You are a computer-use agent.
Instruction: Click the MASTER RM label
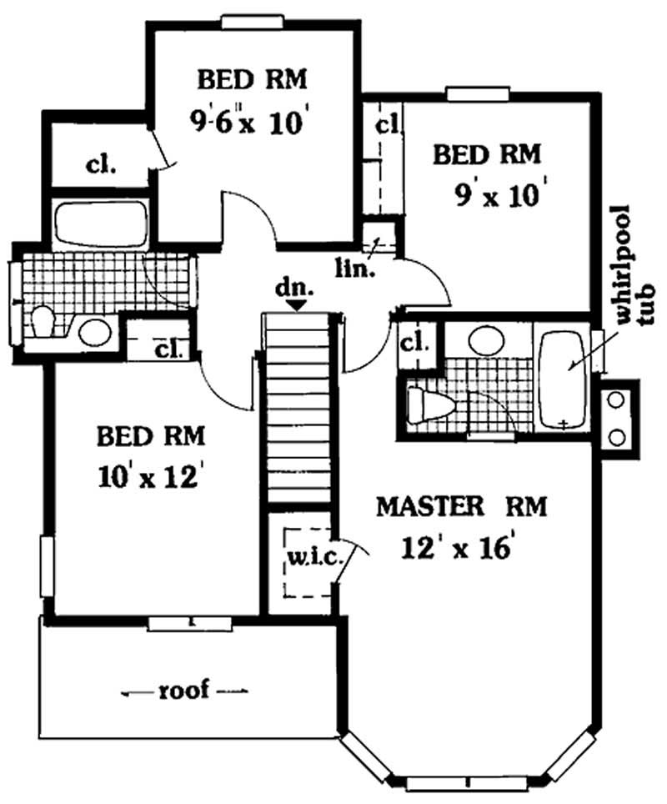461,506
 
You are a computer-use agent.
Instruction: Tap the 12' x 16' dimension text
454,548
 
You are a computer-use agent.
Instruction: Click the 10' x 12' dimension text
151,478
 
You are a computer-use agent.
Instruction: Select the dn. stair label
298,289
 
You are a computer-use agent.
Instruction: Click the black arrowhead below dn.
297,306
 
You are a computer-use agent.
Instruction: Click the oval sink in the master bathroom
486,340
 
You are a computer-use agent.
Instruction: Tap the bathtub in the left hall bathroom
101,224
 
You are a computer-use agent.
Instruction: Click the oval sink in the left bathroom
96,331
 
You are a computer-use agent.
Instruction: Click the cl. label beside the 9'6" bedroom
101,163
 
